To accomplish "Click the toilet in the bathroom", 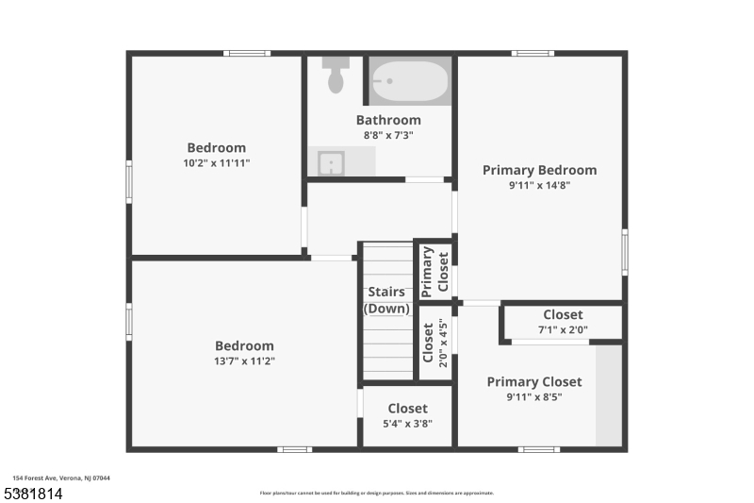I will [336, 75].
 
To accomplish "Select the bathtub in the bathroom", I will [408, 82].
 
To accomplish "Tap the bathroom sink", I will [330, 162].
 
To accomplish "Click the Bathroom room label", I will [388, 120].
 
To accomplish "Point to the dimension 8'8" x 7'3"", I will [388, 135].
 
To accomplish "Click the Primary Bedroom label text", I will [539, 170].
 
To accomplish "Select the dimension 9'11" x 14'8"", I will [539, 185].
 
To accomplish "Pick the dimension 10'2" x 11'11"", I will [217, 162].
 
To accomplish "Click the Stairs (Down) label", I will [387, 300].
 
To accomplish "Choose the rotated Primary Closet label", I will [434, 271].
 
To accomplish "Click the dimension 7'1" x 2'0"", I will [563, 329].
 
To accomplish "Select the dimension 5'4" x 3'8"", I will [407, 424].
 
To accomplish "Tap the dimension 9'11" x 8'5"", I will [533, 397].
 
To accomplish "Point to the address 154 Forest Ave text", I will [61, 478].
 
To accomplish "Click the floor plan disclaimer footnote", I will [377, 493].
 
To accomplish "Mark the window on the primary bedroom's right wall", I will [624, 252].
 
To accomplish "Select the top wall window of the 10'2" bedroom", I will [247, 53].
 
